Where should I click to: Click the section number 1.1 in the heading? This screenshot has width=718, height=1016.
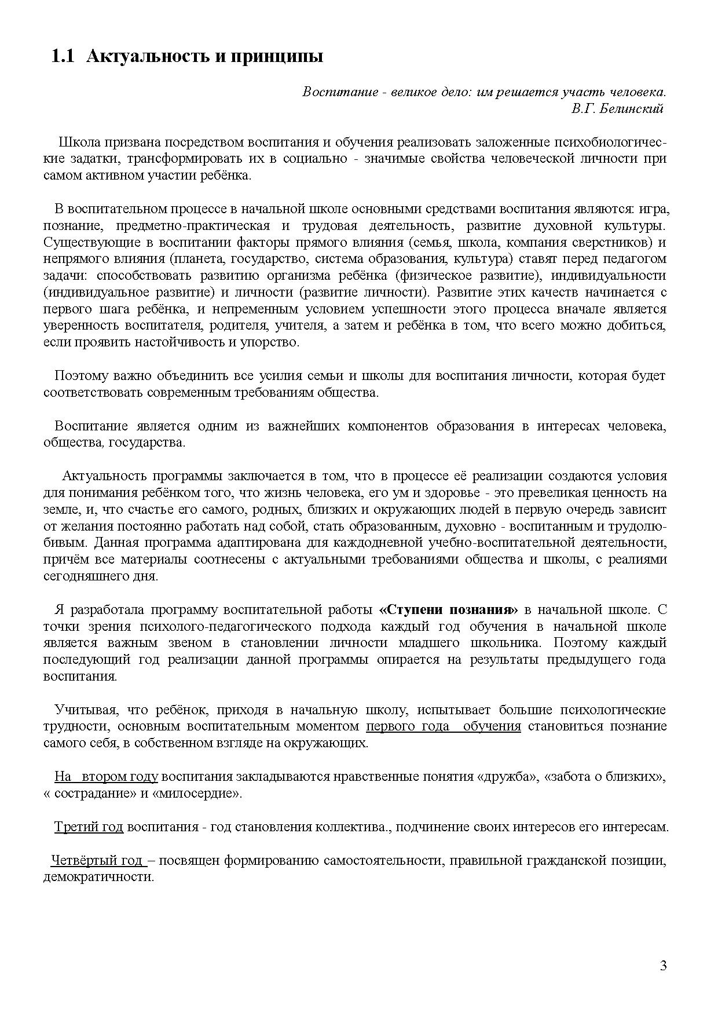point(63,57)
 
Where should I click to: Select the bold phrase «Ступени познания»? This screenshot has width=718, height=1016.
point(449,609)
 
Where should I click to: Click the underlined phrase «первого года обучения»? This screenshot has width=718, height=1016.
point(444,726)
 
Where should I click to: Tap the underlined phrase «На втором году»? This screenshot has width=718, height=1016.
point(106,776)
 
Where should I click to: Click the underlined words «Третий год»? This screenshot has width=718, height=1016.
point(89,827)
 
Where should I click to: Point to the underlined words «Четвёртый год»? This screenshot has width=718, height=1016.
point(97,860)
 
